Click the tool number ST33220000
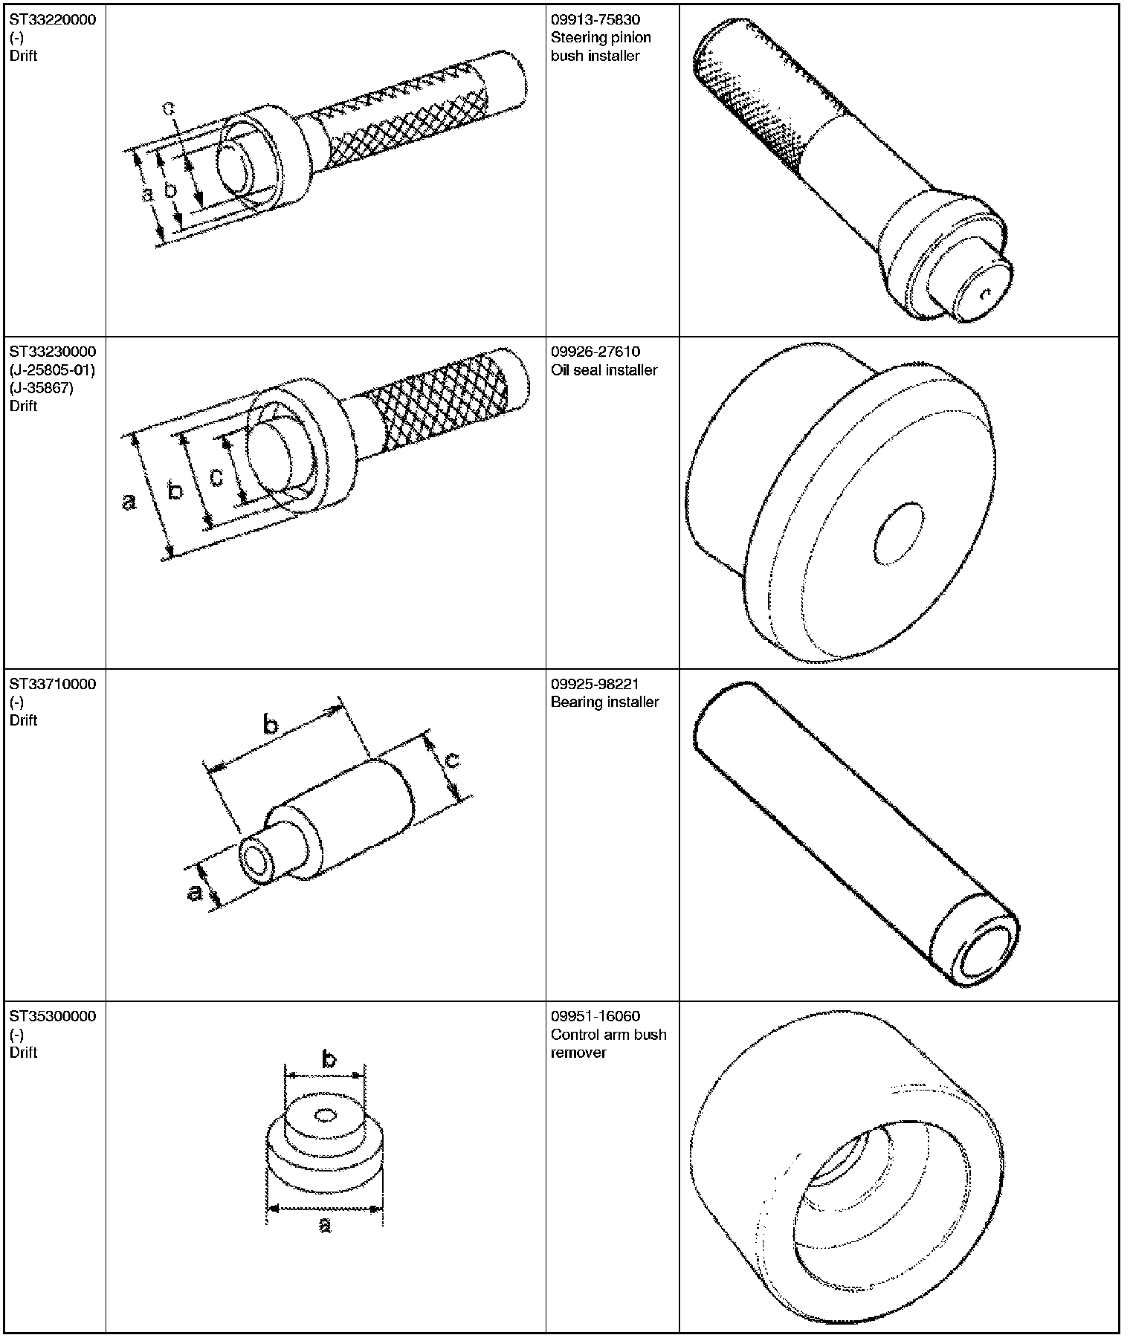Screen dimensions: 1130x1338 (53, 19)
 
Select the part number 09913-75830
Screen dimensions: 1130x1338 (595, 19)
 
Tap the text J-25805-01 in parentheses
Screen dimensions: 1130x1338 (53, 369)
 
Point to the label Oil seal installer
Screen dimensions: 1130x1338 (604, 369)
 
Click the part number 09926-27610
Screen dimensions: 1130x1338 (595, 351)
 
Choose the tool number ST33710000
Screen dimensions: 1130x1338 (53, 684)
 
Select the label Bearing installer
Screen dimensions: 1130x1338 (604, 702)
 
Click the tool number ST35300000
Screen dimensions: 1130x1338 (53, 1016)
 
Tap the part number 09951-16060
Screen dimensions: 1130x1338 (595, 1016)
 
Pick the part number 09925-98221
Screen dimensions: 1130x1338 (595, 684)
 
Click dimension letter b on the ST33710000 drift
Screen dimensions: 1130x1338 (271, 724)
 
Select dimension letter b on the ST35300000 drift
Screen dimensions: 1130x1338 (328, 1059)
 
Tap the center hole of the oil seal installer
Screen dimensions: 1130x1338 (899, 534)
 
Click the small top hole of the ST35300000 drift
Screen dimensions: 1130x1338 (325, 1116)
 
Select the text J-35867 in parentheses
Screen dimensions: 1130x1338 (42, 387)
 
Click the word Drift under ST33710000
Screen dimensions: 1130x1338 (24, 720)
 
